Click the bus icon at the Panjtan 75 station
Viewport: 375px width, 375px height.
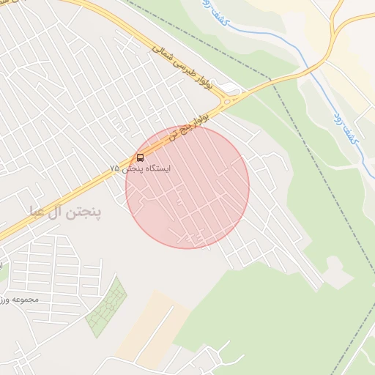[140, 157]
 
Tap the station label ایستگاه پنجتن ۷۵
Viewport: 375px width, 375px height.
[140, 168]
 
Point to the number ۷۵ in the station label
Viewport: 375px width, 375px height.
[114, 168]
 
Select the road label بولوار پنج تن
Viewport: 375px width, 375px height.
[190, 124]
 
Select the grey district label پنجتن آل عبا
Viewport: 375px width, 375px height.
[64, 212]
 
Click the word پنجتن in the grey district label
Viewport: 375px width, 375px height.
[82, 212]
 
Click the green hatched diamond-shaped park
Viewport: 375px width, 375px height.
[106, 307]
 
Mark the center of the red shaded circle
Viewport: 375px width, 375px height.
[187, 187]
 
